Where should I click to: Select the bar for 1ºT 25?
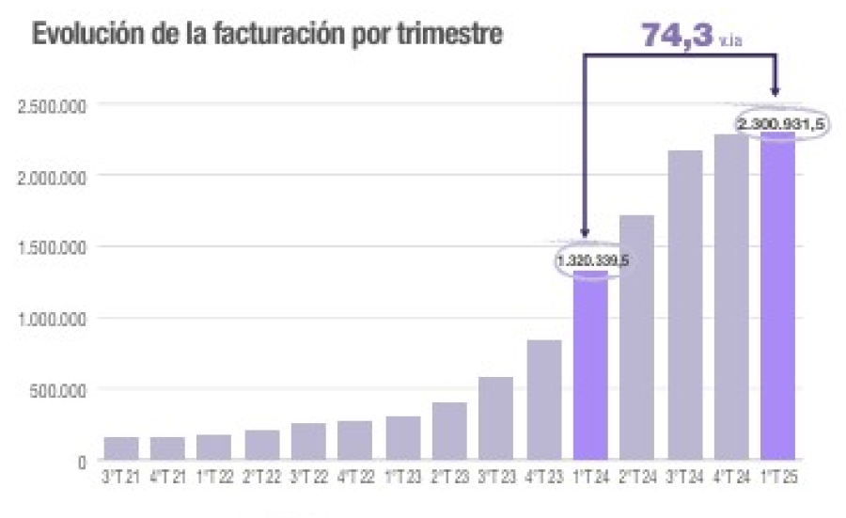pyautogui.click(x=777, y=301)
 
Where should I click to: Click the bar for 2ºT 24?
pyautogui.click(x=636, y=338)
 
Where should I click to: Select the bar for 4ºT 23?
pyautogui.click(x=543, y=400)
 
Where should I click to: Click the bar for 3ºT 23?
pyautogui.click(x=496, y=419)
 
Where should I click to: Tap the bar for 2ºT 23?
pyautogui.click(x=449, y=432)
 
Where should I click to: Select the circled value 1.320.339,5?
pyautogui.click(x=591, y=259)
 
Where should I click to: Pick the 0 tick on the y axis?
pyautogui.click(x=83, y=462)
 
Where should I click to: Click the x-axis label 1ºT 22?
pyautogui.click(x=215, y=479)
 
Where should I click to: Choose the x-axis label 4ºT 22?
pyautogui.click(x=355, y=479)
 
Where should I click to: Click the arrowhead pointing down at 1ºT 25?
pyautogui.click(x=776, y=90)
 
